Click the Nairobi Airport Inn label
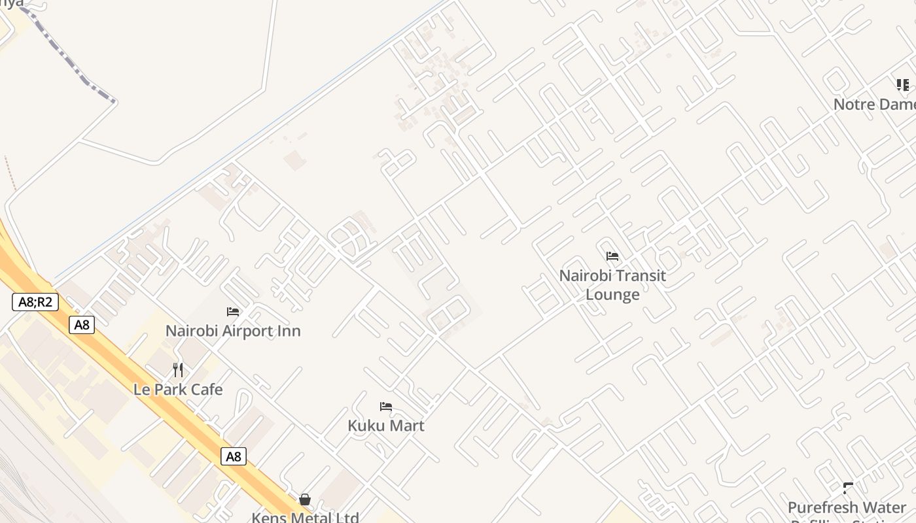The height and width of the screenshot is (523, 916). (x=233, y=331)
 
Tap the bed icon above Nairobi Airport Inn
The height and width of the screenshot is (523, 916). (x=233, y=312)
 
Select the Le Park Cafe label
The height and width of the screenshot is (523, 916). (x=178, y=390)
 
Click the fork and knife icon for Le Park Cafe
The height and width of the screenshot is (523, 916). (x=178, y=370)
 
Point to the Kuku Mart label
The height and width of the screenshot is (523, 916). (x=386, y=426)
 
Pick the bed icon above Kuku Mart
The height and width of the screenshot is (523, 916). (x=386, y=407)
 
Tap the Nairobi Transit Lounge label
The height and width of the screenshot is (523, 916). (x=612, y=285)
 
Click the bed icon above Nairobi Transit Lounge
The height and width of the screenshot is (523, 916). (x=612, y=256)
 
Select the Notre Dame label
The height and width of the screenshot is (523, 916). (x=874, y=105)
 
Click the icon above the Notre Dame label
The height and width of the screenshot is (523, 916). (x=903, y=85)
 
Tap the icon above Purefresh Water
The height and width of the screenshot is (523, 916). (x=849, y=488)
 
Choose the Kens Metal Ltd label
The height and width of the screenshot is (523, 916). (x=305, y=517)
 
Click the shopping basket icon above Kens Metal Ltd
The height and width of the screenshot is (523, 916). (x=305, y=500)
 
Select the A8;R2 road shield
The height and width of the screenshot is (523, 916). (x=35, y=302)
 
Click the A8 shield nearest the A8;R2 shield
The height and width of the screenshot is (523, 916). (x=82, y=325)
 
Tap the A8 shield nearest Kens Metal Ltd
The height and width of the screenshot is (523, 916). (x=234, y=456)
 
